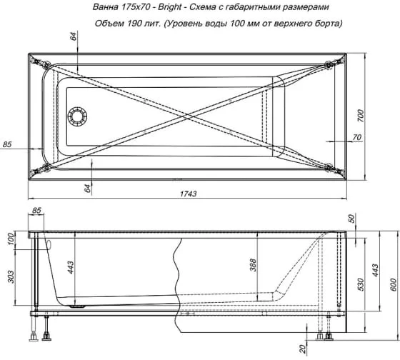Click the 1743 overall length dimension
pos(189,194)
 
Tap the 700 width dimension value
pos(360,116)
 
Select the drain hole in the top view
pos(77,117)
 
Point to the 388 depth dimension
pos(253,265)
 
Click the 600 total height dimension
pos(393,284)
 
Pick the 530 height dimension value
pos(360,284)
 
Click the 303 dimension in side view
pos(11,276)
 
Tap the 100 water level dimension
pos(11,239)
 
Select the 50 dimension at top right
pos(351,219)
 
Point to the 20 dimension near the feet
pos(302,349)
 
